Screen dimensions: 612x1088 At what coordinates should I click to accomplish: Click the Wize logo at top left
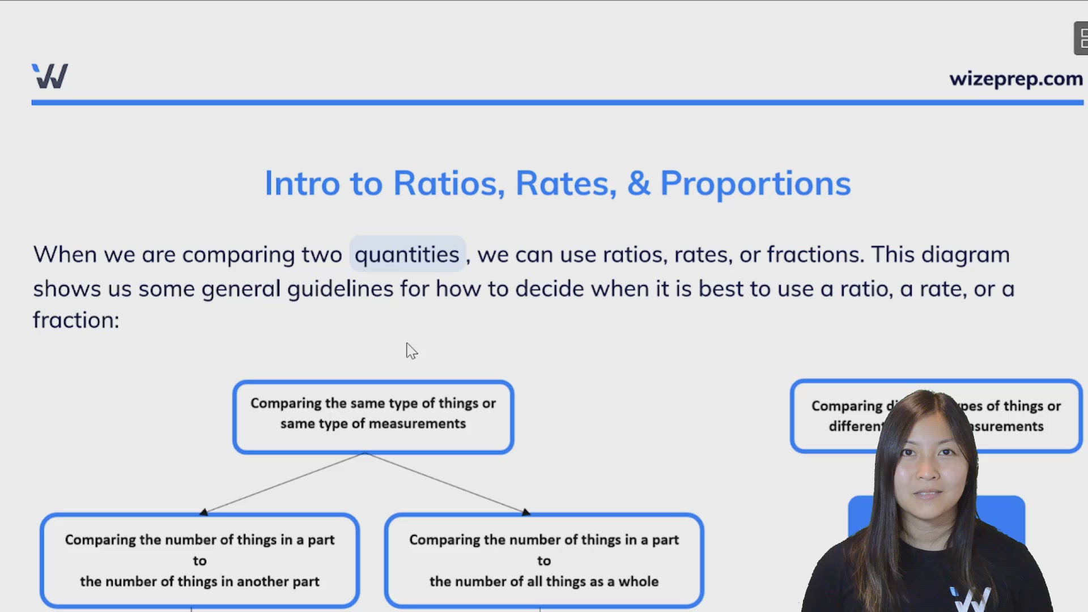pos(50,76)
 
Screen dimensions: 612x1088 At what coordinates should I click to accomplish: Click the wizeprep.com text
pos(1015,79)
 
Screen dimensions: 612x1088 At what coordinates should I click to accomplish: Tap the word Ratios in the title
pos(448,183)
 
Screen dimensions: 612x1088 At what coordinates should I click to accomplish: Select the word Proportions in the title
pos(755,184)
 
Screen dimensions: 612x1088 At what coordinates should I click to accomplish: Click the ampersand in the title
pos(639,184)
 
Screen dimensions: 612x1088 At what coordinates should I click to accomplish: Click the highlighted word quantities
pos(407,254)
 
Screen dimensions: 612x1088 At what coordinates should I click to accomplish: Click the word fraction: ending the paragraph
pos(76,320)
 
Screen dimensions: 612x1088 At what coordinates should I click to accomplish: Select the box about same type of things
pos(373,416)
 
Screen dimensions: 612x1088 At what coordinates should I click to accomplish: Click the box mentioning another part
pos(199,560)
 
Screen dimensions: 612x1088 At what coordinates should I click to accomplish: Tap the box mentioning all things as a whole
pos(543,560)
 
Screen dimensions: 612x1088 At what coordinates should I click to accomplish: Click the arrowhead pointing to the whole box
pos(526,512)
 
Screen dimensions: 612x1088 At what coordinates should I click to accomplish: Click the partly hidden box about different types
pos(839,416)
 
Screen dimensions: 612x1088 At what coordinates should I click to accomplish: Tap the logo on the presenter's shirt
pos(972,599)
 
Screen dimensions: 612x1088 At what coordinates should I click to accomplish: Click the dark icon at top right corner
pos(1081,39)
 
